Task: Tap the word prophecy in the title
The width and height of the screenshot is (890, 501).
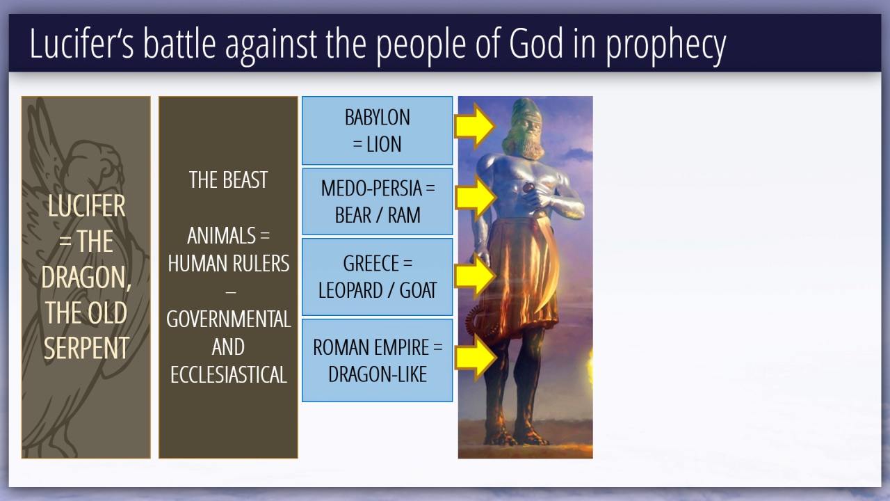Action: [665, 46]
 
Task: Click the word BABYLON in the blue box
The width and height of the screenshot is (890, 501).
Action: [377, 118]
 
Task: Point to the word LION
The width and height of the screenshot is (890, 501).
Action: [383, 144]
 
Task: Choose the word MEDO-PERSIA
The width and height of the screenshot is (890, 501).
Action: [371, 188]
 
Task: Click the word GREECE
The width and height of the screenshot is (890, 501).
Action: [371, 263]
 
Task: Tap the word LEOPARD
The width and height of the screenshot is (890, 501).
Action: [350, 290]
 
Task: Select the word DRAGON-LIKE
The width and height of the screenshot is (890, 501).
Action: [378, 374]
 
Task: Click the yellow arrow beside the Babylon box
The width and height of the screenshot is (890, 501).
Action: [475, 127]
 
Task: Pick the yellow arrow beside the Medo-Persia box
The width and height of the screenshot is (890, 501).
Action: [476, 198]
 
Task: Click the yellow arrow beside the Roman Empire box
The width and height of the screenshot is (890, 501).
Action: [476, 357]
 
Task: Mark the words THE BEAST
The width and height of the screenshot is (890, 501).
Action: [228, 180]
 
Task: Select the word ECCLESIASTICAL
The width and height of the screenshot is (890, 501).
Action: [229, 374]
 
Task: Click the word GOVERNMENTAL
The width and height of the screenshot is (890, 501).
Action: [229, 319]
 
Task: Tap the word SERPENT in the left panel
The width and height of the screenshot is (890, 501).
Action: [86, 348]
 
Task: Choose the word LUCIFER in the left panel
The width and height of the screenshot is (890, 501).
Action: [86, 206]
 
